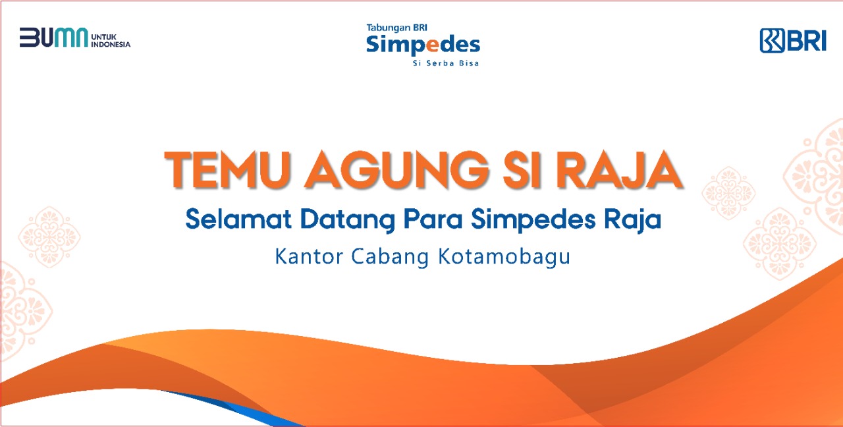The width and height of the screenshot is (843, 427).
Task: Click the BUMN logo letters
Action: click(54, 38)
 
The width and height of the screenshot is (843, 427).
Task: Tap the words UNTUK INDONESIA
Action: click(111, 41)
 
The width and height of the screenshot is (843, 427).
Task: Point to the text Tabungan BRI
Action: click(396, 28)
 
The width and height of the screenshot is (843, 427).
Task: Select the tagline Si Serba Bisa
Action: click(446, 63)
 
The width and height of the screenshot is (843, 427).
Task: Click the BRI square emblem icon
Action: click(772, 40)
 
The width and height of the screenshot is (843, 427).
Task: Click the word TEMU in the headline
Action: click(228, 170)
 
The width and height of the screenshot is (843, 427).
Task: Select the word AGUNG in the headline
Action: click(396, 170)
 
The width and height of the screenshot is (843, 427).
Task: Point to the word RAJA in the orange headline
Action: click(619, 170)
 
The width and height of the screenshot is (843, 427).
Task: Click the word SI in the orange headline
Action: click(522, 170)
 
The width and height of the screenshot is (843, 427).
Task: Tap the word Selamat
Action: click(238, 219)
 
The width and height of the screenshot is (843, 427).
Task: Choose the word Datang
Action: click(347, 220)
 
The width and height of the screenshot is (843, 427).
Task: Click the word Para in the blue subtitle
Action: click(433, 219)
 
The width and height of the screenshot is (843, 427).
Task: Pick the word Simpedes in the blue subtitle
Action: click(533, 220)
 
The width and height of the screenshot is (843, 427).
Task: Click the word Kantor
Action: click(309, 256)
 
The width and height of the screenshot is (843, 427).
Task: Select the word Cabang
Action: click(391, 258)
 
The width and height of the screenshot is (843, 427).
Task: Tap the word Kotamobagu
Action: click(504, 258)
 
